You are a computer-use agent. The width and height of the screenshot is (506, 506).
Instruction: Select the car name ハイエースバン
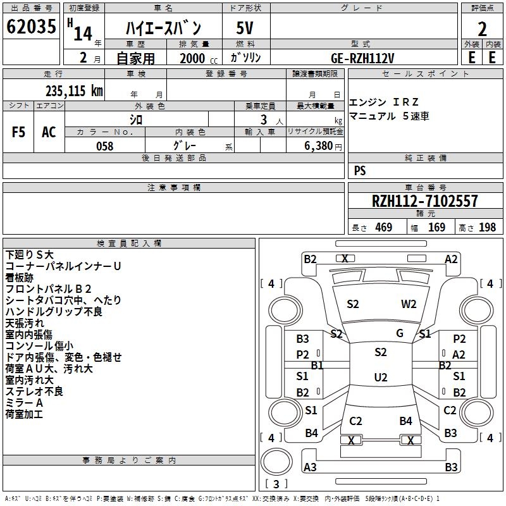[x=163, y=28]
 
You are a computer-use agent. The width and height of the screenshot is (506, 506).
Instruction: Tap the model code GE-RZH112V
[x=362, y=58]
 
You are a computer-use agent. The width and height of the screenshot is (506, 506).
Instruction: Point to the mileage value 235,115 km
[x=74, y=90]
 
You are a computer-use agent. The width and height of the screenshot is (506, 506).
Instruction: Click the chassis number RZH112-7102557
[x=425, y=202]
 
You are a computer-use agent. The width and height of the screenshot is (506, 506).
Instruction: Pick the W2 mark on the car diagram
[x=409, y=304]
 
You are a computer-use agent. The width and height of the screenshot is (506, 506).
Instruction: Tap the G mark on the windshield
[x=399, y=333]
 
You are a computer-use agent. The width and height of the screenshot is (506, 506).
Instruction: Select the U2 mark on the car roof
[x=380, y=378]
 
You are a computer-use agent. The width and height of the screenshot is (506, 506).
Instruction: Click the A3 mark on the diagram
[x=310, y=467]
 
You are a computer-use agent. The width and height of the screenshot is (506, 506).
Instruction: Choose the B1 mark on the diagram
[x=317, y=365]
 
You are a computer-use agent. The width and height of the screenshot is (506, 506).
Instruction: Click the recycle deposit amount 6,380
[x=323, y=146]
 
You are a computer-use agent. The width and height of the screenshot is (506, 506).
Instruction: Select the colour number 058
[x=105, y=146]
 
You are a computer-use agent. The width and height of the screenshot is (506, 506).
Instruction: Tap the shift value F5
[x=19, y=132]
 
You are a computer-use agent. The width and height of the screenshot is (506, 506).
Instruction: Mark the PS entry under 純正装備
[x=360, y=171]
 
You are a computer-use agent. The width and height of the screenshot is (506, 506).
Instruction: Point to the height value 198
[x=488, y=228]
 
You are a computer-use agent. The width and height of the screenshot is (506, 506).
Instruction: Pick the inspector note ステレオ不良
[x=34, y=392]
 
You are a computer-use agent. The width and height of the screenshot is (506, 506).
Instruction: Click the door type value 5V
[x=245, y=28]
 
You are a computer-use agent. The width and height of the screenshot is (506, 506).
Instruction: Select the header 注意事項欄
[x=173, y=188]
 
